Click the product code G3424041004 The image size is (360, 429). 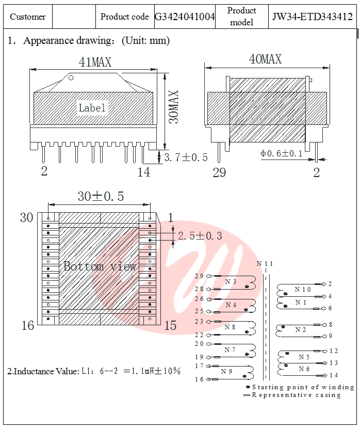click(x=185, y=17)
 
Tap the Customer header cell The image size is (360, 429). click(x=28, y=17)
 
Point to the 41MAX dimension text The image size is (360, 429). click(x=94, y=62)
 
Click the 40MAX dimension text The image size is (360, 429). click(x=265, y=59)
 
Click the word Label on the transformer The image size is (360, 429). click(x=92, y=108)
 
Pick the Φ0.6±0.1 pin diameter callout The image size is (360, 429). click(x=282, y=153)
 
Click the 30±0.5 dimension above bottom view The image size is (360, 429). click(x=101, y=196)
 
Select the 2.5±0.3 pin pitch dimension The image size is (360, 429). click(x=200, y=235)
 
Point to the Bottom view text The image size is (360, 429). click(x=100, y=266)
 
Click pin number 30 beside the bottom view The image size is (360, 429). click(x=26, y=218)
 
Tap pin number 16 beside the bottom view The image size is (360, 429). click(x=28, y=325)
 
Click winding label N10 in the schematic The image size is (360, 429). click(x=303, y=290)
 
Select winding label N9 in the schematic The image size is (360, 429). click(x=227, y=371)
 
